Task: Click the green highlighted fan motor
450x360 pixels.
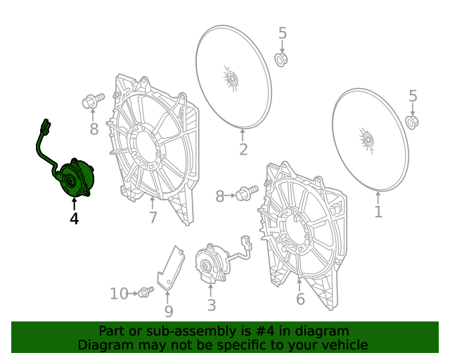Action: (75, 179)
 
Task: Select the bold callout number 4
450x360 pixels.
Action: (74, 219)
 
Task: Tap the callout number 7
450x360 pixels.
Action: (153, 217)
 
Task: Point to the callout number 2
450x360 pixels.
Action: (243, 150)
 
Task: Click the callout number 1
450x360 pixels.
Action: (378, 212)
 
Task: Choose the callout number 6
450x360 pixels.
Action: (300, 299)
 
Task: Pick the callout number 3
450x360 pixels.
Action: (211, 305)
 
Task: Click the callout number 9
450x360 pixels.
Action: (169, 311)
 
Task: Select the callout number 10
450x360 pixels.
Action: (119, 294)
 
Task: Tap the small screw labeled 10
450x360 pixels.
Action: (146, 292)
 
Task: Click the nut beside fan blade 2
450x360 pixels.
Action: (281, 60)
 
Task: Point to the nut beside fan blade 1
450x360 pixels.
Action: (412, 122)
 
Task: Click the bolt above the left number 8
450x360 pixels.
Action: (93, 101)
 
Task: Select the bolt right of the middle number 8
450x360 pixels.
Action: (247, 193)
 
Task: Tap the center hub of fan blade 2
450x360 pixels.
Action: (231, 78)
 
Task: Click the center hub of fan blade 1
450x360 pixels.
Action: (367, 140)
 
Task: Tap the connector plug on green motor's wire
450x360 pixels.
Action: (45, 125)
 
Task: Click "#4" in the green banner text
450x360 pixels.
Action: (264, 331)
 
